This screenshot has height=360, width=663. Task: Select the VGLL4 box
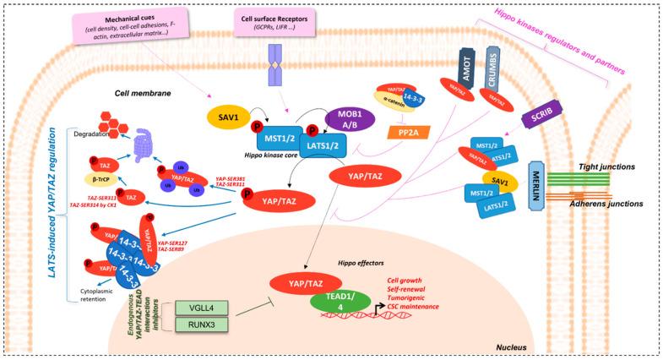(x=196, y=308)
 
